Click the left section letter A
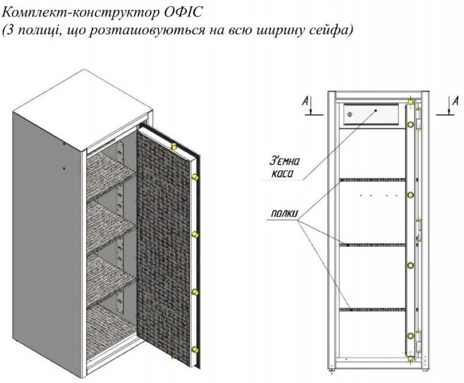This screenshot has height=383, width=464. pyautogui.click(x=305, y=102)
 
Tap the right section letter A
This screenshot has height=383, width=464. pyautogui.click(x=456, y=102)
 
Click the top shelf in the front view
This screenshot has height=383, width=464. pyautogui.click(x=373, y=179)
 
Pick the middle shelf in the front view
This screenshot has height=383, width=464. pyautogui.click(x=373, y=245)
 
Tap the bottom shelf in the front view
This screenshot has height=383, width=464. pyautogui.click(x=373, y=310)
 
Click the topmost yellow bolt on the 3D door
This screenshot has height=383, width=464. pyautogui.click(x=174, y=146)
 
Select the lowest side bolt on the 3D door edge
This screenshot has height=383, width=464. pyautogui.click(x=195, y=350)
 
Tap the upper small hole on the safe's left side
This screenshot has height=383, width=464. pyautogui.click(x=63, y=144)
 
